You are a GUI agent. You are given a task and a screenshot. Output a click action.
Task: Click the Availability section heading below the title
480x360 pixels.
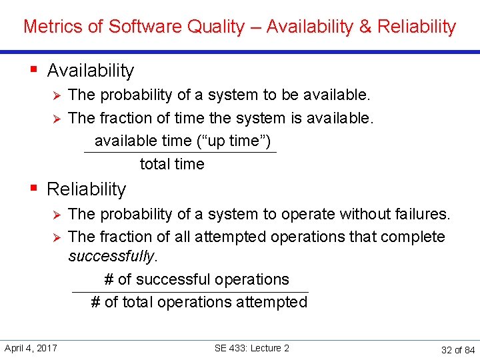tap(91, 71)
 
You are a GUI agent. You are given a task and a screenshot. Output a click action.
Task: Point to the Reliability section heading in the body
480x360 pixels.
tap(86, 189)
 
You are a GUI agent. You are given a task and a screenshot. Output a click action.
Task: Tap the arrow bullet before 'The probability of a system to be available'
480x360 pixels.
tap(57, 95)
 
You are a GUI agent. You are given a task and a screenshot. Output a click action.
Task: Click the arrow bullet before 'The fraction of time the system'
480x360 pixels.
tap(57, 119)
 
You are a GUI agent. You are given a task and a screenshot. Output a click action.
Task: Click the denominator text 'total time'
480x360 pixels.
tap(172, 164)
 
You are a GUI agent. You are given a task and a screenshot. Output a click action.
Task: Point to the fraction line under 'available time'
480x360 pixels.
tap(180, 153)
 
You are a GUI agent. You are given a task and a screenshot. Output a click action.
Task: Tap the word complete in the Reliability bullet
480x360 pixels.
tap(413, 237)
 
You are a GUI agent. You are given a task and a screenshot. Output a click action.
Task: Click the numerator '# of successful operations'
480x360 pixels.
tap(197, 279)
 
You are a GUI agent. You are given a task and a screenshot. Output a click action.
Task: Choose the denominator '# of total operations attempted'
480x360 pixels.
tap(199, 303)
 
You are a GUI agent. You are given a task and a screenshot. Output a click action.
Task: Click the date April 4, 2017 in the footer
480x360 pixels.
tap(31, 348)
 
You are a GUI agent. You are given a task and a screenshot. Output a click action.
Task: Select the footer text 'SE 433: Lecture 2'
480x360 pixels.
tap(252, 348)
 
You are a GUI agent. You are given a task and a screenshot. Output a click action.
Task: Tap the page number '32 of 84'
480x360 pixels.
tap(457, 350)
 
